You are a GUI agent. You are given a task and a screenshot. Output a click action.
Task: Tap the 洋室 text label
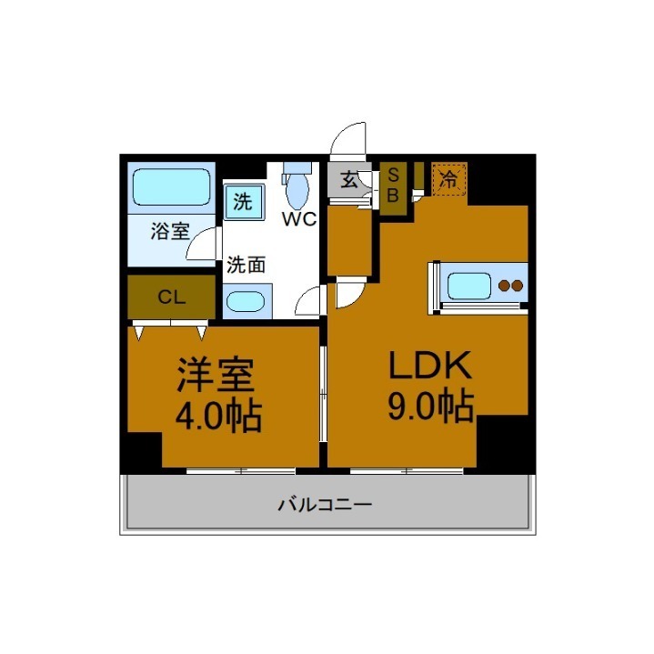(215, 373)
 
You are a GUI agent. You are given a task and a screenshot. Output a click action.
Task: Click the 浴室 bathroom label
(170, 231)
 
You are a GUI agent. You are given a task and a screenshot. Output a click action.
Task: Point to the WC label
(297, 219)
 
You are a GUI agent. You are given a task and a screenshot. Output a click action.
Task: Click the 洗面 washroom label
(246, 266)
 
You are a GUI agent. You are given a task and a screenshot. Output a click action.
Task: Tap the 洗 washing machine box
(243, 201)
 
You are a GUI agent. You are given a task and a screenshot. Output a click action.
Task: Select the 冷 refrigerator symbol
(448, 177)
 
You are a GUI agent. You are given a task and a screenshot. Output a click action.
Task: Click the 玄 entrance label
(349, 179)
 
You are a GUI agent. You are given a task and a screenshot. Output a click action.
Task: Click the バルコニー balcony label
(325, 504)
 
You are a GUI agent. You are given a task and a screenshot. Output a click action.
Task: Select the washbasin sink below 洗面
(247, 301)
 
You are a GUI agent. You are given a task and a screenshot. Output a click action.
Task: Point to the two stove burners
(511, 286)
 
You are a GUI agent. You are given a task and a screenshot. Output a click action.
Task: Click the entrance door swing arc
(348, 141)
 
